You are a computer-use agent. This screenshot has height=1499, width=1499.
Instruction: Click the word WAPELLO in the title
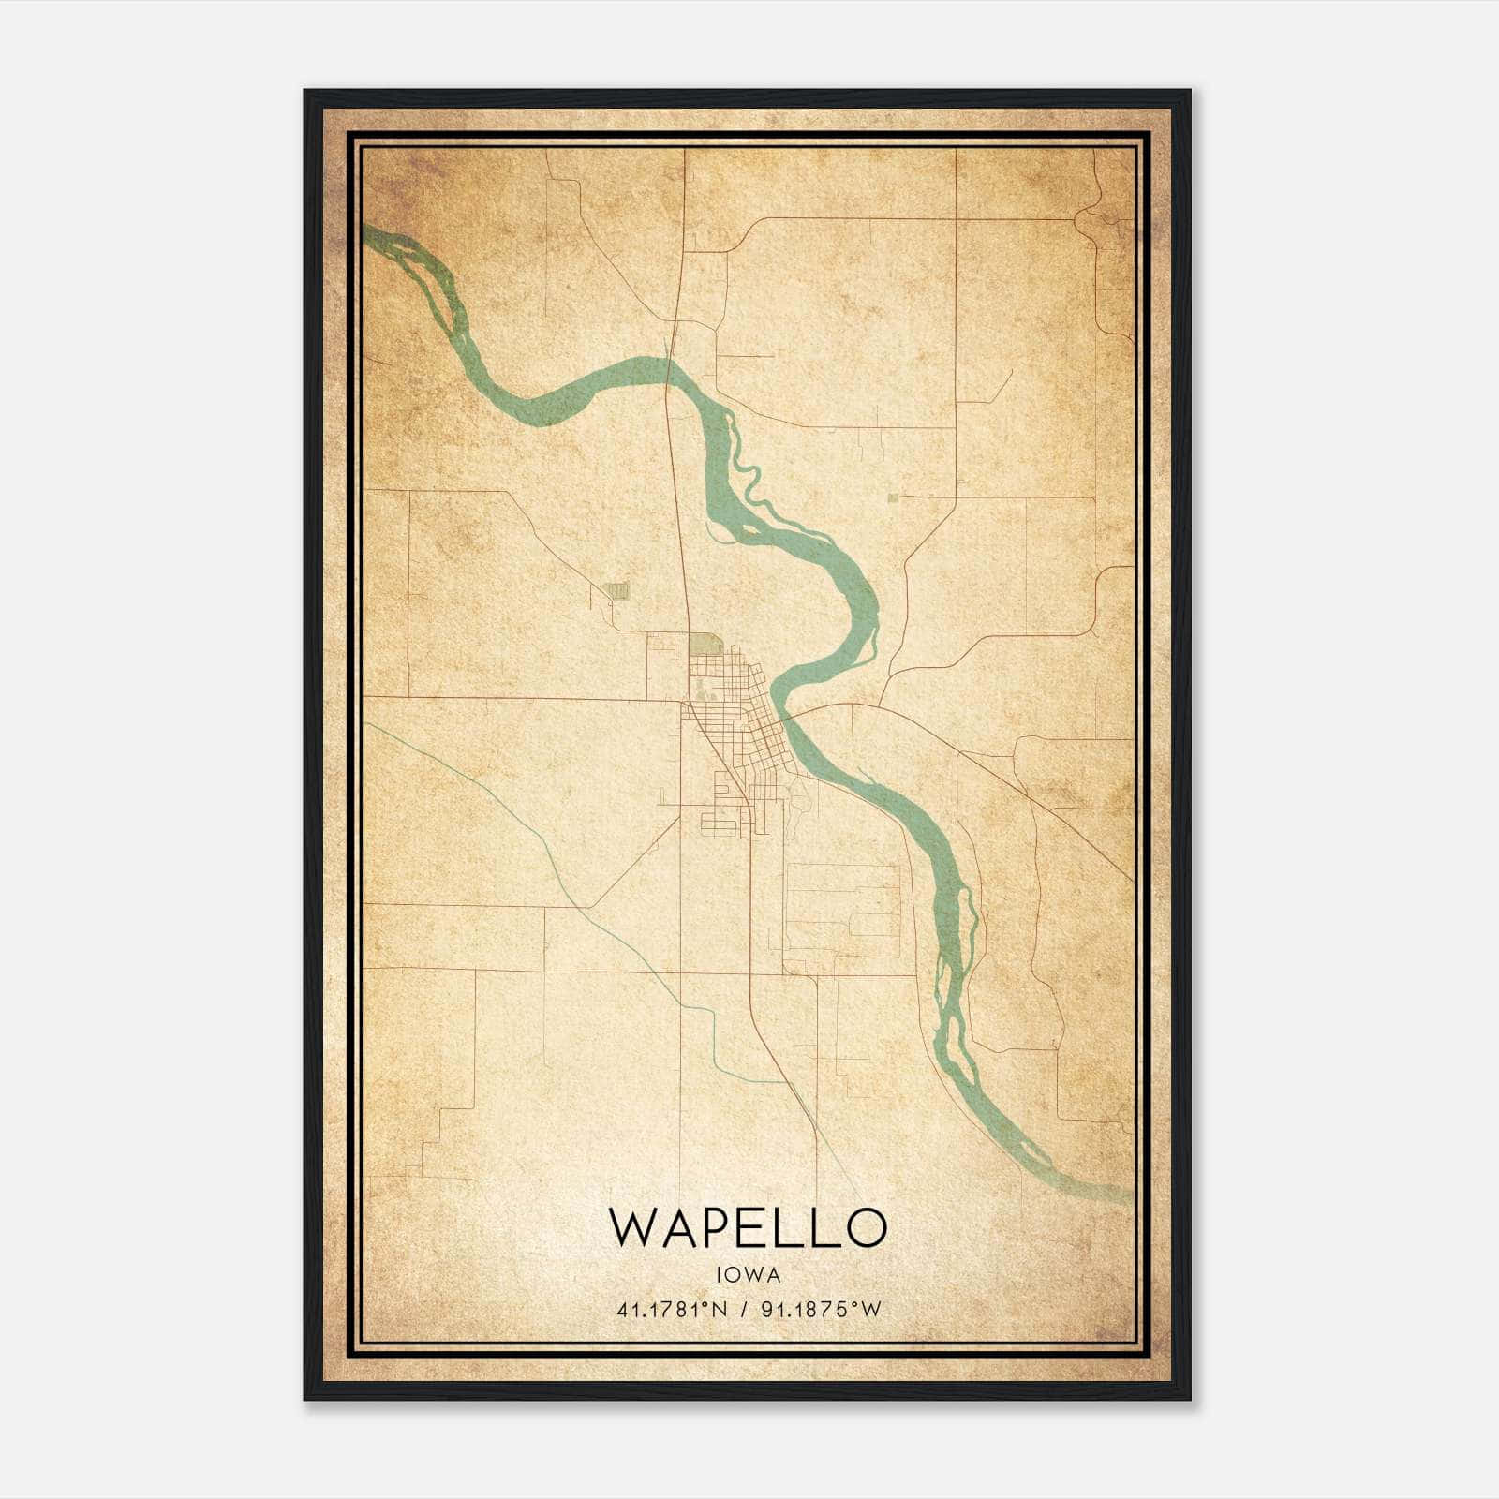(748, 1227)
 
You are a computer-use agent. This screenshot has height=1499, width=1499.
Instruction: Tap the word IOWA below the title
(748, 1274)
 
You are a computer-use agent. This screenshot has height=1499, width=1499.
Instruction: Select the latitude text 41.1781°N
(672, 1310)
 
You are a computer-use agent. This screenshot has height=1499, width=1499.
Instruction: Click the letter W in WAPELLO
(632, 1227)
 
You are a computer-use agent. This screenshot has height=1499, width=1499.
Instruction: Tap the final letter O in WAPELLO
(866, 1227)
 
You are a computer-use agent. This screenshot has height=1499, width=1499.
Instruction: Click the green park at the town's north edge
(705, 645)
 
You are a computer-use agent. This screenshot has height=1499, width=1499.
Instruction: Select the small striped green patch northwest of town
(616, 590)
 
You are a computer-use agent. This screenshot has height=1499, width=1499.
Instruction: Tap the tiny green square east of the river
(893, 497)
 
